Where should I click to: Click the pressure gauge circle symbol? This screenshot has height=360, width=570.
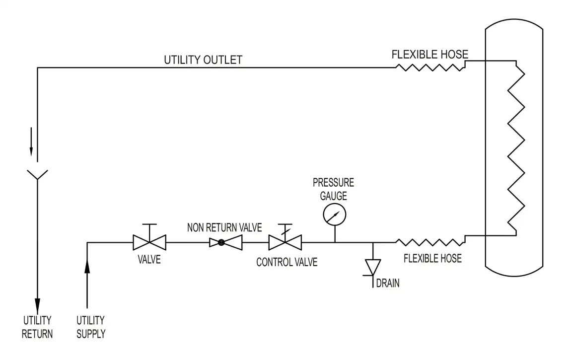(x=334, y=215)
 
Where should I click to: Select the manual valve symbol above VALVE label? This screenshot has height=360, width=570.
(x=149, y=242)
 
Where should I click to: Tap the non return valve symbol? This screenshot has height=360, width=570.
(x=225, y=242)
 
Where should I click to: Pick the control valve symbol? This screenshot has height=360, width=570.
(x=285, y=242)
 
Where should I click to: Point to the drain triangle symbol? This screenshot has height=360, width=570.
(x=373, y=267)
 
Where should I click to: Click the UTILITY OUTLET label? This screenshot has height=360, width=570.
(x=203, y=60)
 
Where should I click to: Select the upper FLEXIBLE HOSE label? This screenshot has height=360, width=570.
(x=429, y=55)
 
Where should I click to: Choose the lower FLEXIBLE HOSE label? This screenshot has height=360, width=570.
(x=432, y=258)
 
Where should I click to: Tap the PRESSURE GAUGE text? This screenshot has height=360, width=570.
(x=333, y=189)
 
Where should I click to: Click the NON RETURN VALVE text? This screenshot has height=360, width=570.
(x=224, y=228)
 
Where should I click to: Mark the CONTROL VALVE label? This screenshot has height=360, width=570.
(x=286, y=262)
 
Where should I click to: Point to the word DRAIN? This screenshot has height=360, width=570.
(x=388, y=284)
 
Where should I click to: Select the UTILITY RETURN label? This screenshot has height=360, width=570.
(x=37, y=327)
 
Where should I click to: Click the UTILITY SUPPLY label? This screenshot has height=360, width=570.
(x=91, y=327)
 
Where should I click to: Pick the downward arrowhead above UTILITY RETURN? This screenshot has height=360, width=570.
(x=37, y=302)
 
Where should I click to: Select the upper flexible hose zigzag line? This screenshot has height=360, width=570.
(x=430, y=67)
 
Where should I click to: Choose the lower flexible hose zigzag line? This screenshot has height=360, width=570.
(x=430, y=242)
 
